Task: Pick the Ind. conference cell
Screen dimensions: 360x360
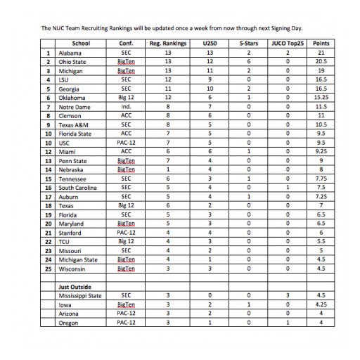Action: (125, 105)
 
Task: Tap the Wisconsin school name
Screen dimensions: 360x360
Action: (71, 267)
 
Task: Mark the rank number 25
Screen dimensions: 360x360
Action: (48, 267)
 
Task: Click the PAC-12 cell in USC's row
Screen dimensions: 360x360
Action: (125, 141)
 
